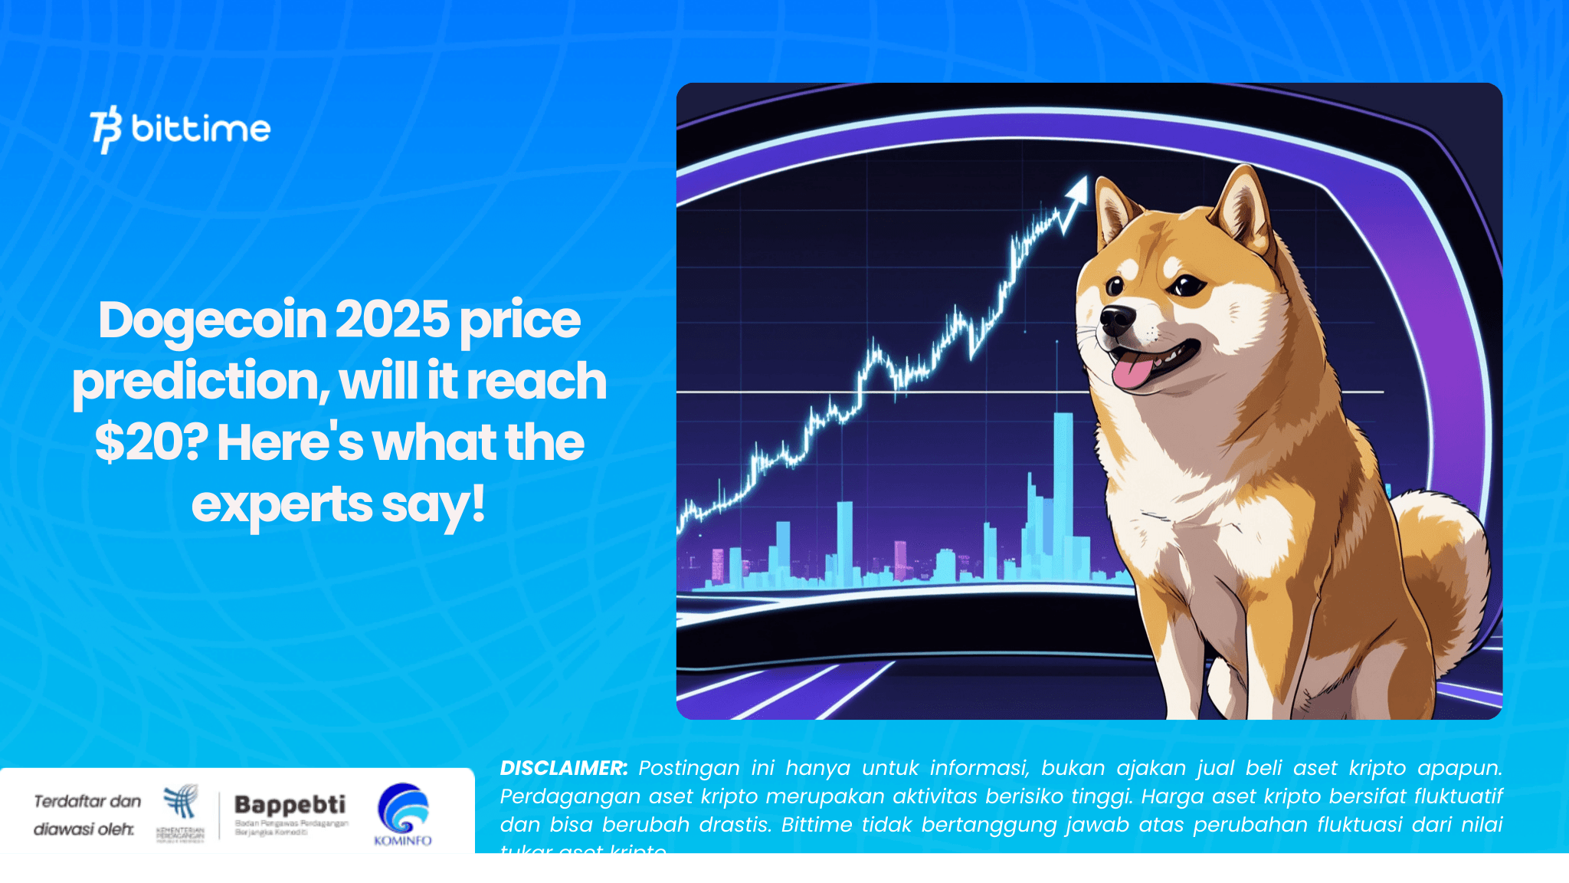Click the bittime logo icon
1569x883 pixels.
106,129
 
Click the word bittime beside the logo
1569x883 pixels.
201,129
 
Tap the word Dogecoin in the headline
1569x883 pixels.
212,320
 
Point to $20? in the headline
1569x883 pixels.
151,443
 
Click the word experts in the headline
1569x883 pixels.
281,505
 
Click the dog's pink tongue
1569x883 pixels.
1130,373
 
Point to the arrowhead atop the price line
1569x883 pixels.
1078,188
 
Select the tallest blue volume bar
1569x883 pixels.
1063,491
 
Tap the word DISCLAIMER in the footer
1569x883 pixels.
563,768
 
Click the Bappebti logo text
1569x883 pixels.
290,805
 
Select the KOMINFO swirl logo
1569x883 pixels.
403,808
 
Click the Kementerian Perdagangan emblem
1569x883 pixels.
181,803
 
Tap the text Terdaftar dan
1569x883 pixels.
87,802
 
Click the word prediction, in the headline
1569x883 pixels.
201,382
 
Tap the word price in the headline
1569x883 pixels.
520,320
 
